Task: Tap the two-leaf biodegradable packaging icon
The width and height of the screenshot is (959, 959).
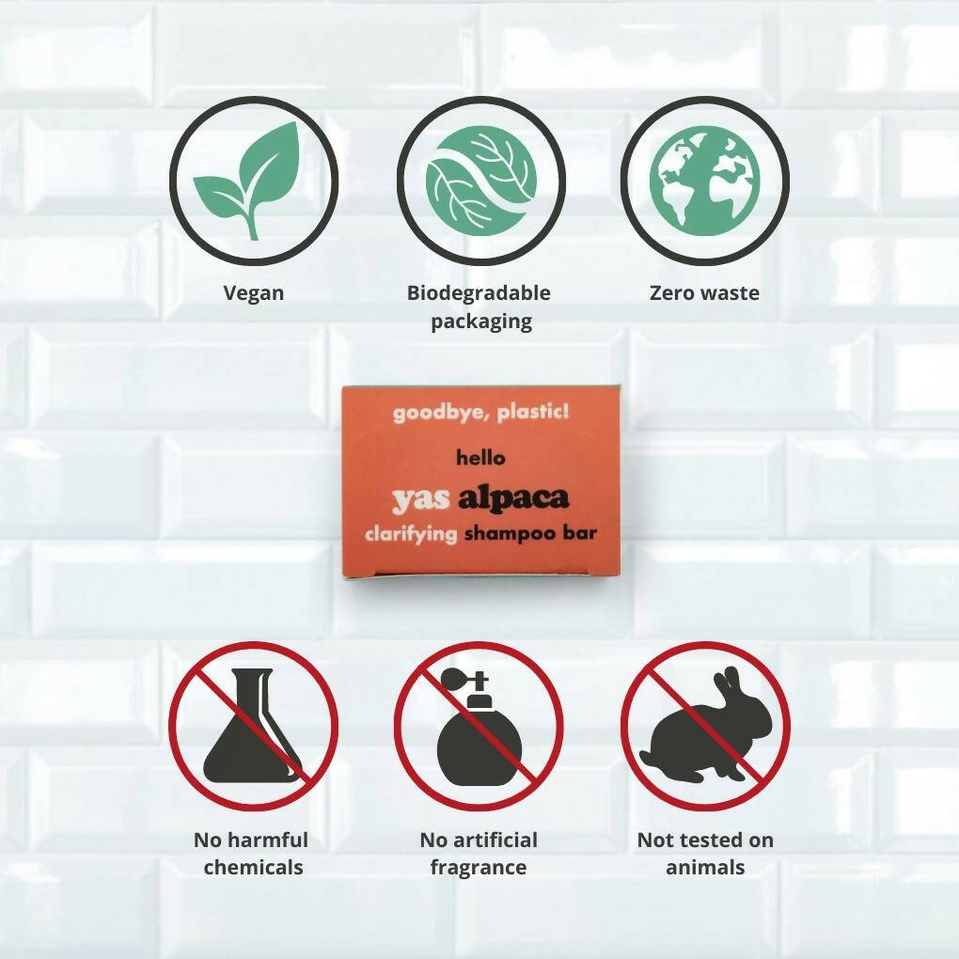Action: click(x=480, y=181)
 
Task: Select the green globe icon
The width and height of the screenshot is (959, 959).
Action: click(x=704, y=181)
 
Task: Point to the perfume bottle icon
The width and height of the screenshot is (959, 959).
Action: click(x=479, y=728)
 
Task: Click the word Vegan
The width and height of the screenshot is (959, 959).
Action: click(x=254, y=293)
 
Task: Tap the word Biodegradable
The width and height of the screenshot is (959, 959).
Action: click(x=479, y=292)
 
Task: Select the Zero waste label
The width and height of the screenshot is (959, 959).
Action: click(x=704, y=292)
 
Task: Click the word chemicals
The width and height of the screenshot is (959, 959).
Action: click(x=253, y=867)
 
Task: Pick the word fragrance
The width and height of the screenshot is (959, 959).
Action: click(x=479, y=868)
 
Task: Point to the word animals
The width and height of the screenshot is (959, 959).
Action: click(x=705, y=867)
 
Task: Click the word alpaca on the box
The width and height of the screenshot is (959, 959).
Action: click(x=513, y=499)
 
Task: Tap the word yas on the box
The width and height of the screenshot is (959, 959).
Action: click(x=420, y=501)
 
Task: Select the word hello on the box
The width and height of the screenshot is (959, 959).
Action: click(x=480, y=457)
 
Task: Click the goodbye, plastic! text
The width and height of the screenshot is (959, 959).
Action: click(x=480, y=412)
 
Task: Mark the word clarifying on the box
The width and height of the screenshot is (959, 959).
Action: click(x=411, y=534)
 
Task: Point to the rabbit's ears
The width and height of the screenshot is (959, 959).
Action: click(x=727, y=681)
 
